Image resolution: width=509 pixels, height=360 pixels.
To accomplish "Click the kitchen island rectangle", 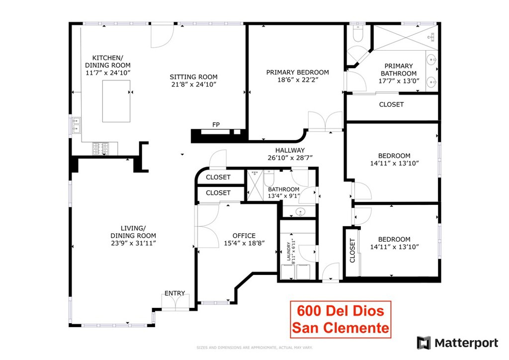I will [116, 101].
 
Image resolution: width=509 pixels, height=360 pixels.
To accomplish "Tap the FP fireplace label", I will [216, 125].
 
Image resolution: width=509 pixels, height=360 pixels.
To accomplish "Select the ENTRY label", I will [174, 293].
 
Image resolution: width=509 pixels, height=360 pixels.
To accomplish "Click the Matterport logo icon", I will [424, 343].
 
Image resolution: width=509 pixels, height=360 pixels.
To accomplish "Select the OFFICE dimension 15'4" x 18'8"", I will [244, 243].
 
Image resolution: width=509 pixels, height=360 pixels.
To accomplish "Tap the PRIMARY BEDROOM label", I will [297, 72].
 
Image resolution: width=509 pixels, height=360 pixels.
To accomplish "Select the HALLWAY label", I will [290, 150].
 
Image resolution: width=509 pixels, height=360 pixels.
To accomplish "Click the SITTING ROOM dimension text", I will [193, 85].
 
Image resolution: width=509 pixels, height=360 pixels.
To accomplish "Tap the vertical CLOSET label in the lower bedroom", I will [352, 251].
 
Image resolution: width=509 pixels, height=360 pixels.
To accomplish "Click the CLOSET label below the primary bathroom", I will [391, 104].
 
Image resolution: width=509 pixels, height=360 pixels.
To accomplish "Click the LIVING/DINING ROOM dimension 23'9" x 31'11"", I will [133, 243].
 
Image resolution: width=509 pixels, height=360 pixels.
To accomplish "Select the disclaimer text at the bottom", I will [254, 347].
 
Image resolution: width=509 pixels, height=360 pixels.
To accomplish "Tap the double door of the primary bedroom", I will [325, 122].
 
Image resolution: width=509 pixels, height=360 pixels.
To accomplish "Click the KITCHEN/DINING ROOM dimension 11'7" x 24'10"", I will [108, 73].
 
